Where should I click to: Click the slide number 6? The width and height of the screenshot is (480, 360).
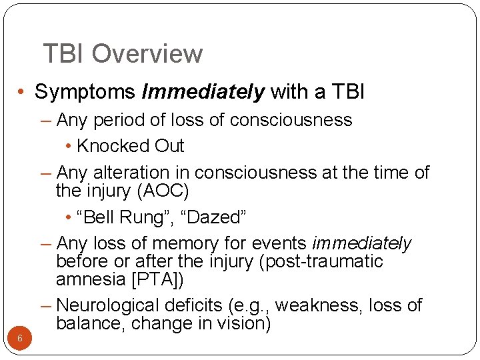(x=20, y=338)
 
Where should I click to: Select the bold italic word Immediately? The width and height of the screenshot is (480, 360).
(x=203, y=92)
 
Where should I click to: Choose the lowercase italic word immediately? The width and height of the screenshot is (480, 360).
(x=361, y=243)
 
